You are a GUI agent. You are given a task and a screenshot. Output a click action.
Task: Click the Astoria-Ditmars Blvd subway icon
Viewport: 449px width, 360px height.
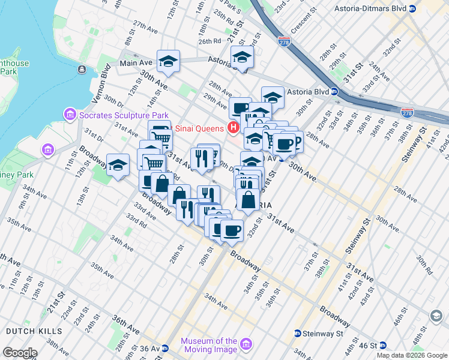coord(412,9)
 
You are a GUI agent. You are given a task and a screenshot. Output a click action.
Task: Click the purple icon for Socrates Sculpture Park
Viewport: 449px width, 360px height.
coord(70,114)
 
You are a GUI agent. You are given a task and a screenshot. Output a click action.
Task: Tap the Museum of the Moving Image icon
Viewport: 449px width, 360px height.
coord(245,344)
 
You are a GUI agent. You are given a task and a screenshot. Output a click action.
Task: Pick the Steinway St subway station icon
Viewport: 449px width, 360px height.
coord(297,333)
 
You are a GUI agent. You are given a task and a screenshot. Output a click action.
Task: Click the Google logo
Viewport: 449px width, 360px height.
coord(20,353)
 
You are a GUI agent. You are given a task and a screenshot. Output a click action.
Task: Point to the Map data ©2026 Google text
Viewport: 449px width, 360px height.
coord(412,355)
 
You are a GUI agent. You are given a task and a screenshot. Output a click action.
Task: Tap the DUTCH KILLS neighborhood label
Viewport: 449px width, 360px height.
coord(34,331)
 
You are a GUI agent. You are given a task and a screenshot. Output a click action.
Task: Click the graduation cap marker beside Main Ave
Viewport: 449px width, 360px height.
coord(169,61)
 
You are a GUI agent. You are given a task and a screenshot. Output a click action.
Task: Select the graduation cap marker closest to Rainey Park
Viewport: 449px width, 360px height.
coord(118,164)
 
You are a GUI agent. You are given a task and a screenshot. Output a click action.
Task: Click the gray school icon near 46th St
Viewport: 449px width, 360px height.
coord(436,316)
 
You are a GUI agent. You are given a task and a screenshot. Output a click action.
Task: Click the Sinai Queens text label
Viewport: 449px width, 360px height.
coord(199,128)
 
